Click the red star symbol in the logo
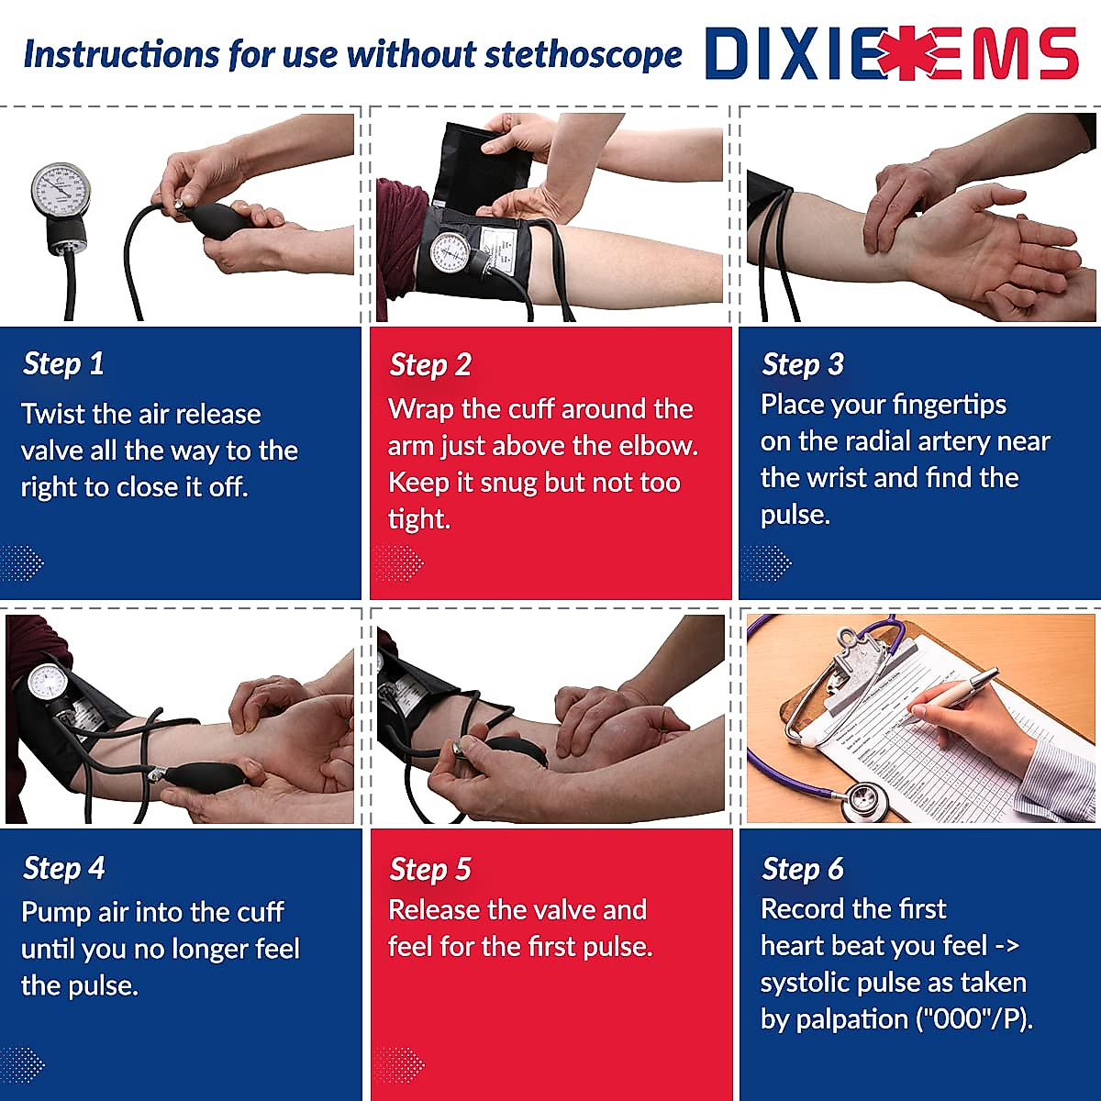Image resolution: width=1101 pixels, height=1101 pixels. click(x=906, y=53)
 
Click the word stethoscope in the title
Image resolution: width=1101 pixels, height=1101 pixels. click(x=584, y=55)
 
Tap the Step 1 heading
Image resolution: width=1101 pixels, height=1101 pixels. click(x=63, y=364)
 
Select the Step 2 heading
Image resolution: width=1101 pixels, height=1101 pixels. click(x=430, y=365)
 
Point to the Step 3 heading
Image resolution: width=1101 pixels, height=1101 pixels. click(x=803, y=364)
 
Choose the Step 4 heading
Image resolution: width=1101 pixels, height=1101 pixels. click(x=64, y=869)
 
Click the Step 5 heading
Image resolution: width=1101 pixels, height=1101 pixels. click(x=430, y=870)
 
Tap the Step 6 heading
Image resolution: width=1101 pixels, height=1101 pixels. click(x=803, y=869)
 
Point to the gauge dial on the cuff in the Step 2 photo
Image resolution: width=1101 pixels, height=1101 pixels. click(x=450, y=252)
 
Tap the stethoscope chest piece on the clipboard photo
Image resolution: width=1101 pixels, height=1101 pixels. click(x=867, y=799)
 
